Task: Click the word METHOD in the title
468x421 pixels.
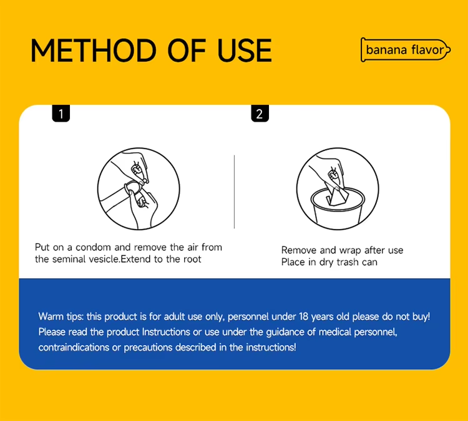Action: tap(94, 51)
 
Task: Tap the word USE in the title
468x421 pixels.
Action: tap(245, 51)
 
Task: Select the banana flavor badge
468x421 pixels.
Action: tap(406, 50)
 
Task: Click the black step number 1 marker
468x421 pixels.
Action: tap(61, 114)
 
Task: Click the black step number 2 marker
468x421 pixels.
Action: tap(260, 114)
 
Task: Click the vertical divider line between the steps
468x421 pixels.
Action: tap(234, 191)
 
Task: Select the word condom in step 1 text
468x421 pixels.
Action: tap(94, 248)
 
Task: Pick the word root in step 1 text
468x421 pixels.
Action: tap(192, 259)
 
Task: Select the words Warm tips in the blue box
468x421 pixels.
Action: tap(61, 316)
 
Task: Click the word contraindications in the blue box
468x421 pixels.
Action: tap(74, 347)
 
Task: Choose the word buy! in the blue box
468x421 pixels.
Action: tap(421, 317)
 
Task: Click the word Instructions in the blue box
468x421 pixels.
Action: tap(166, 332)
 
